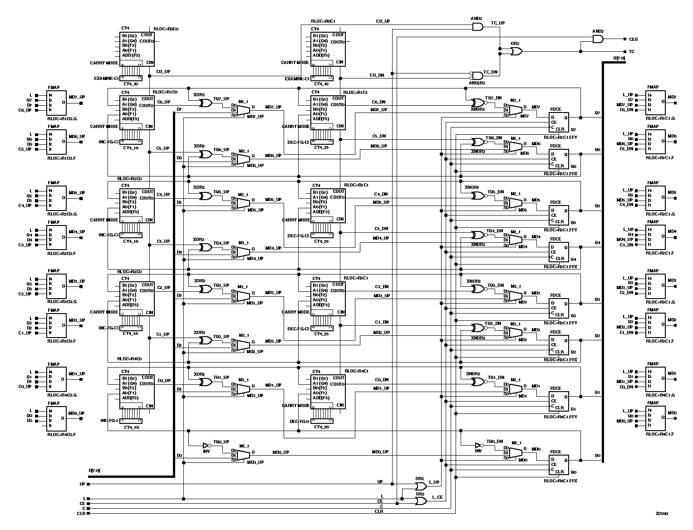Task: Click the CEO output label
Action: [x=633, y=39]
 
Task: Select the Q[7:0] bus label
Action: [x=619, y=58]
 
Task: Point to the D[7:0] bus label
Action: [x=94, y=471]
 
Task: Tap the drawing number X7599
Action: [x=661, y=514]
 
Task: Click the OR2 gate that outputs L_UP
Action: [x=420, y=486]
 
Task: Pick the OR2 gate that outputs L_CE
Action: [x=420, y=501]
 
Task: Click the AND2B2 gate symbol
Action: [x=477, y=75]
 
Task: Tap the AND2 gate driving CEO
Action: [x=598, y=39]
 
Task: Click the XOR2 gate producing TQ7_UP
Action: [x=206, y=103]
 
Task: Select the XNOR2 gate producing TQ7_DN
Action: [x=477, y=103]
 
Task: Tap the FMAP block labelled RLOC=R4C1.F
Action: [x=655, y=418]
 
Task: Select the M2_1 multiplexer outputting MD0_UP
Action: [x=243, y=455]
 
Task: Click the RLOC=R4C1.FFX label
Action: [x=560, y=480]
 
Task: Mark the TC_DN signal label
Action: [x=491, y=72]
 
